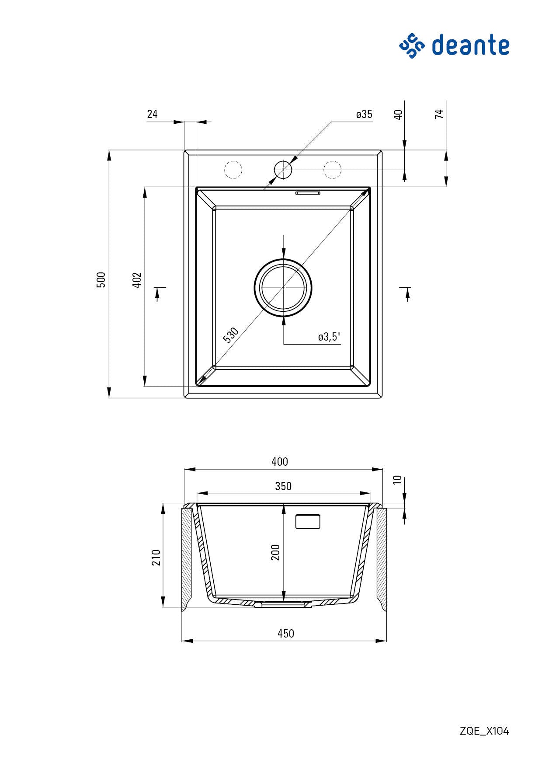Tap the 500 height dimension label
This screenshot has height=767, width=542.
pyautogui.click(x=101, y=279)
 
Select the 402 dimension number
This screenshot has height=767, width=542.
pyautogui.click(x=137, y=279)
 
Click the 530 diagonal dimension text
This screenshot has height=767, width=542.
pyautogui.click(x=231, y=335)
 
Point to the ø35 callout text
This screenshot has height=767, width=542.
pyautogui.click(x=364, y=115)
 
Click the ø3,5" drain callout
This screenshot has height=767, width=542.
pyautogui.click(x=329, y=337)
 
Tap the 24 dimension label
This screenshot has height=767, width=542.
pyautogui.click(x=152, y=114)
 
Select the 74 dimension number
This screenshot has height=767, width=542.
pyautogui.click(x=439, y=114)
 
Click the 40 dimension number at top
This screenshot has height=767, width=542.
pyautogui.click(x=398, y=115)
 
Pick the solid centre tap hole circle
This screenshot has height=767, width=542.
pyautogui.click(x=283, y=170)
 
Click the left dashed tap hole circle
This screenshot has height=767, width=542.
pyautogui.click(x=233, y=170)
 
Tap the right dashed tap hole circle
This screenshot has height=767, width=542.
pyautogui.click(x=332, y=170)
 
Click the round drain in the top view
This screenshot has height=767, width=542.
pyautogui.click(x=283, y=287)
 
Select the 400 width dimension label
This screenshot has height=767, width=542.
pyautogui.click(x=280, y=462)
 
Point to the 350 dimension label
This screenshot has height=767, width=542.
pyautogui.click(x=283, y=486)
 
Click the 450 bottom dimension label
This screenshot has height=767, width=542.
pyautogui.click(x=285, y=634)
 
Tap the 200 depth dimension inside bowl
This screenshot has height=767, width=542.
pyautogui.click(x=275, y=553)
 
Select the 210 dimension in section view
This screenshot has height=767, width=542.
pyautogui.click(x=156, y=558)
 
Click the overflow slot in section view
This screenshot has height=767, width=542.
pyautogui.click(x=308, y=522)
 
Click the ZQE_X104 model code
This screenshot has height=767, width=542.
pyautogui.click(x=484, y=731)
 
